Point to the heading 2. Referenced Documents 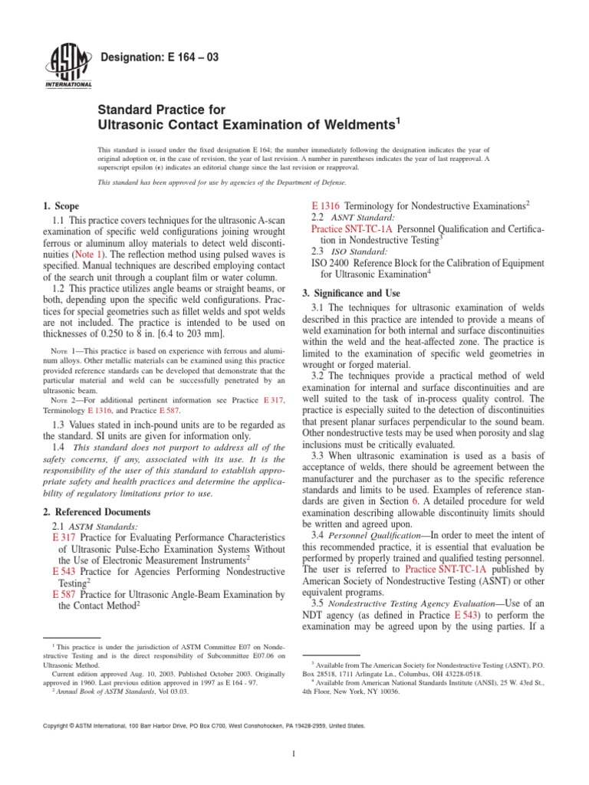(x=96, y=511)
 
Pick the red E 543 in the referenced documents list (x=64, y=571)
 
